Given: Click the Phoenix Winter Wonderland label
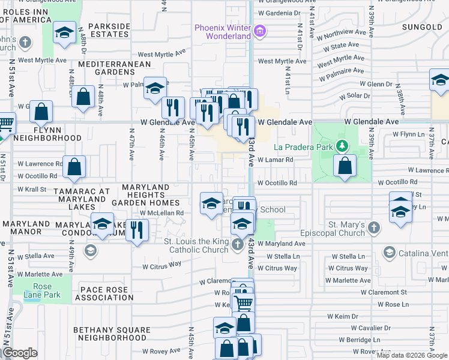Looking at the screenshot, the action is pyautogui.click(x=221, y=32).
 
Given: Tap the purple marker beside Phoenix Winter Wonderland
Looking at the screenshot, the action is pyautogui.click(x=259, y=31).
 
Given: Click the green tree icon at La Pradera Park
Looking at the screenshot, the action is pyautogui.click(x=342, y=146).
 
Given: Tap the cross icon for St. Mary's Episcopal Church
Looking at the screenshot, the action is pyautogui.click(x=375, y=227).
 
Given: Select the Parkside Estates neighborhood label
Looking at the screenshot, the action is pyautogui.click(x=109, y=30).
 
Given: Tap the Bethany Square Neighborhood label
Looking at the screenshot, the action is pyautogui.click(x=112, y=334).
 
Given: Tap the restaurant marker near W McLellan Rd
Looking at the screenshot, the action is pyautogui.click(x=137, y=230).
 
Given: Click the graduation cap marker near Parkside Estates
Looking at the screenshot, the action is pyautogui.click(x=63, y=32).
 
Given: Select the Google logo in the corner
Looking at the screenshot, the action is pyautogui.click(x=20, y=353).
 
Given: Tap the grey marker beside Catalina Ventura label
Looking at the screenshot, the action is pyautogui.click(x=388, y=253).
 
